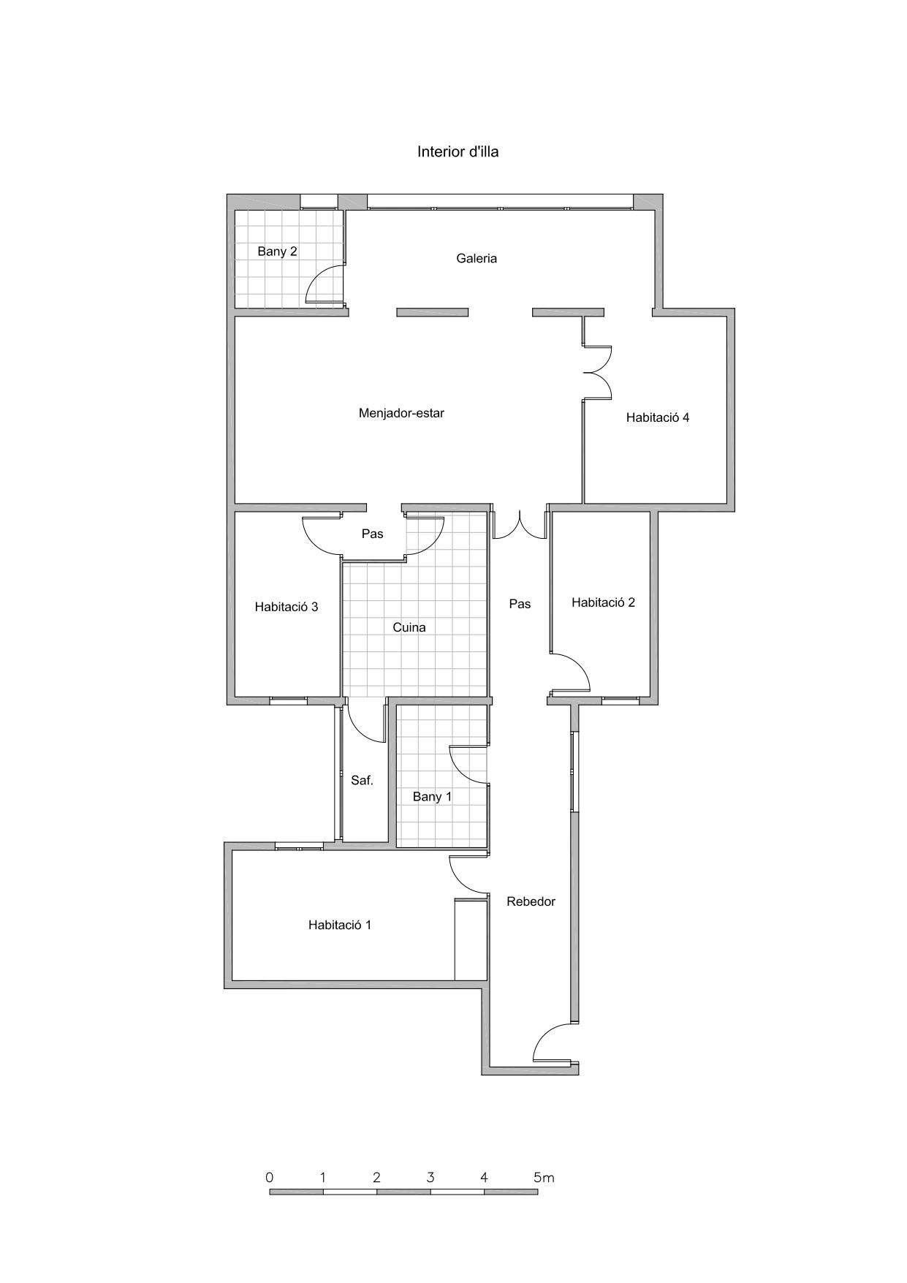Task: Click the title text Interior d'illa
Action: [x=458, y=152]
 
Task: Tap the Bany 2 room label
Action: [x=277, y=251]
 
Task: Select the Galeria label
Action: [x=477, y=258]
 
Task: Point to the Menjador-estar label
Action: [x=401, y=413]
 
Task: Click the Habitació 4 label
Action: [x=658, y=417]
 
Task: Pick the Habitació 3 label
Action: [x=286, y=607]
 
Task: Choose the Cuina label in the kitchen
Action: [x=409, y=627]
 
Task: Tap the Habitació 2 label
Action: [x=603, y=602]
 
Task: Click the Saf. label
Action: [x=362, y=781]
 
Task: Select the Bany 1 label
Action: [x=432, y=797]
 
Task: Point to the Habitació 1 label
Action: [x=340, y=925]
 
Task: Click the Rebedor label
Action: [x=531, y=901]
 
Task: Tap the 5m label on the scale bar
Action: [x=544, y=1178]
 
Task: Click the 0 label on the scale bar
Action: [x=270, y=1178]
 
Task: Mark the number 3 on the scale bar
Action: [x=430, y=1178]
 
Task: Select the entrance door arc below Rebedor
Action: [x=544, y=1032]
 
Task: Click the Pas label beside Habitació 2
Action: [x=520, y=604]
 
